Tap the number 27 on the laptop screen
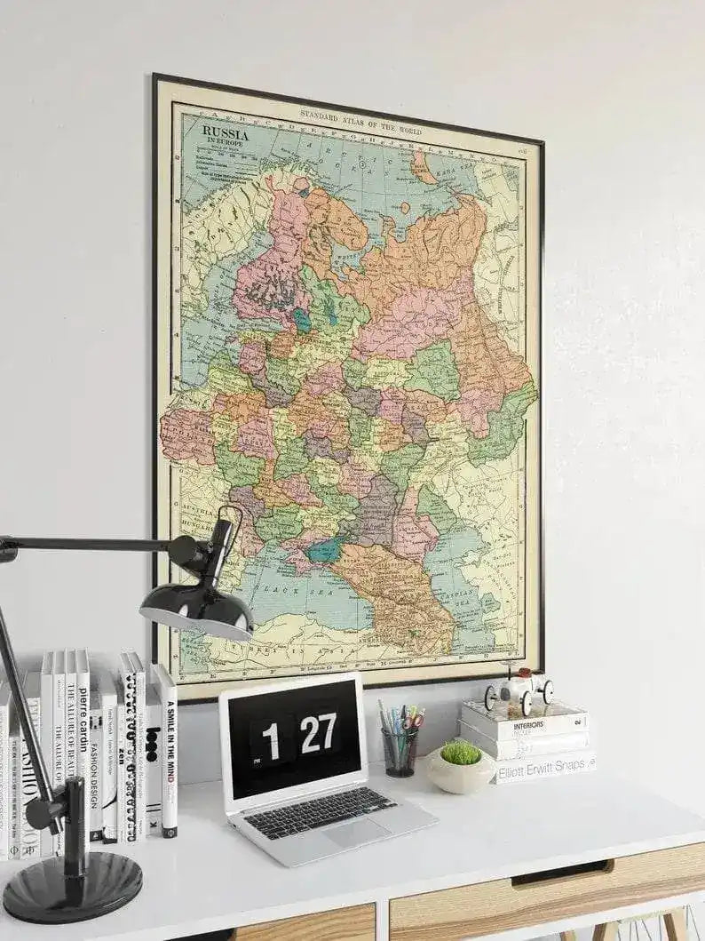tap(318, 733)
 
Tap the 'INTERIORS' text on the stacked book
tap(529, 725)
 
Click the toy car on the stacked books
tap(519, 689)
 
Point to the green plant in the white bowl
tap(460, 754)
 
